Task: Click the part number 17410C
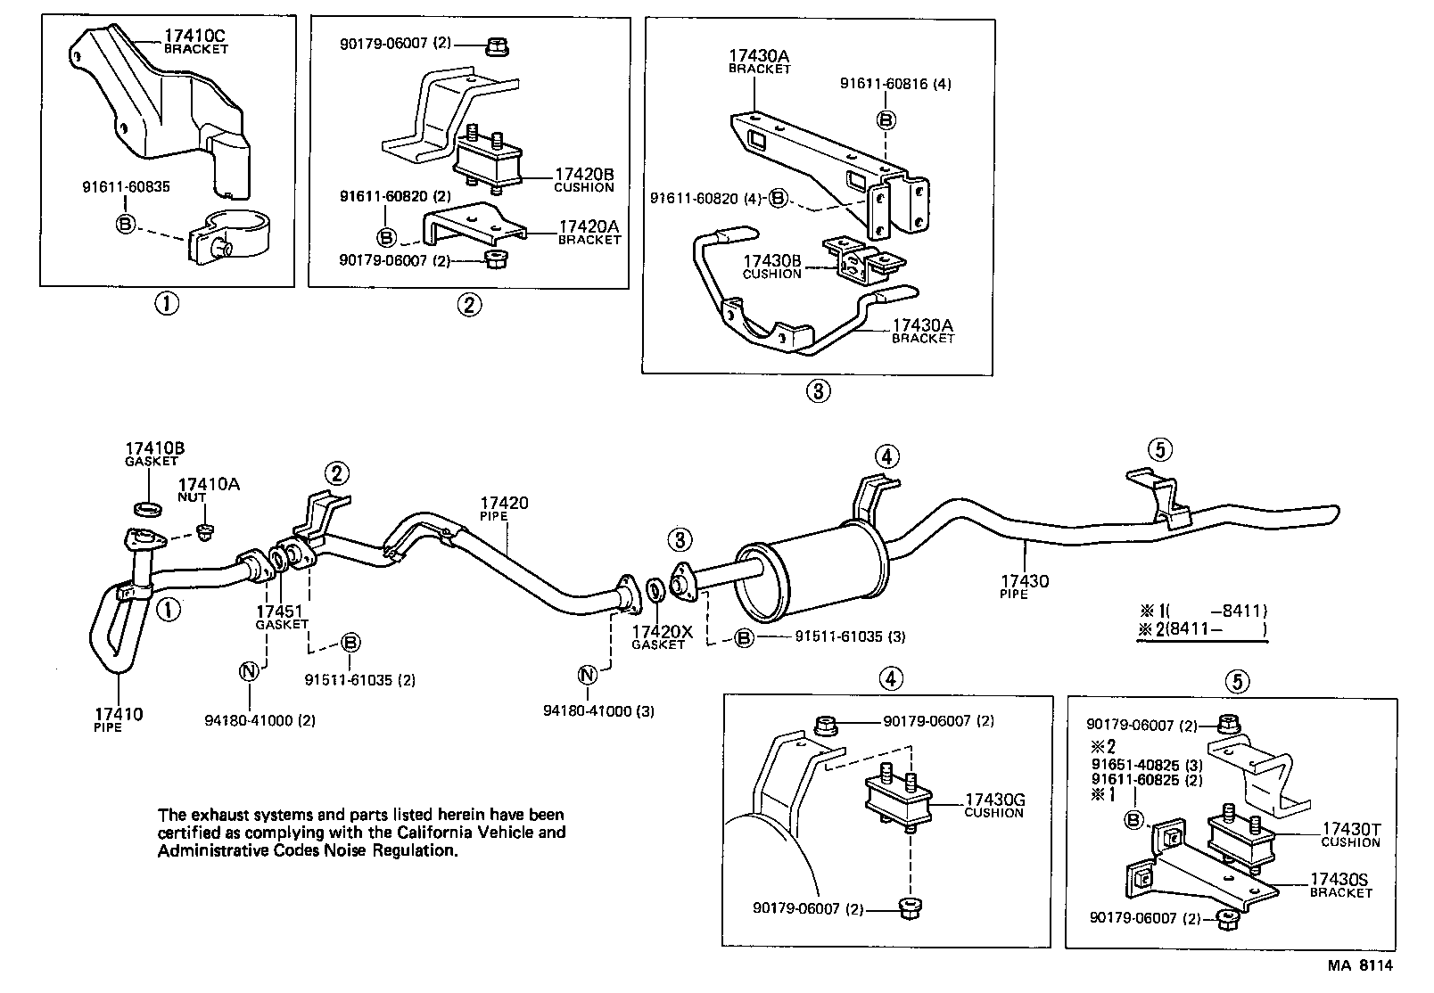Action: (195, 37)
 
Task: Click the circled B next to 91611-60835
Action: (125, 224)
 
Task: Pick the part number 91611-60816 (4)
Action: (895, 84)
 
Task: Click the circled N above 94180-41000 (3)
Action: (587, 674)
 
